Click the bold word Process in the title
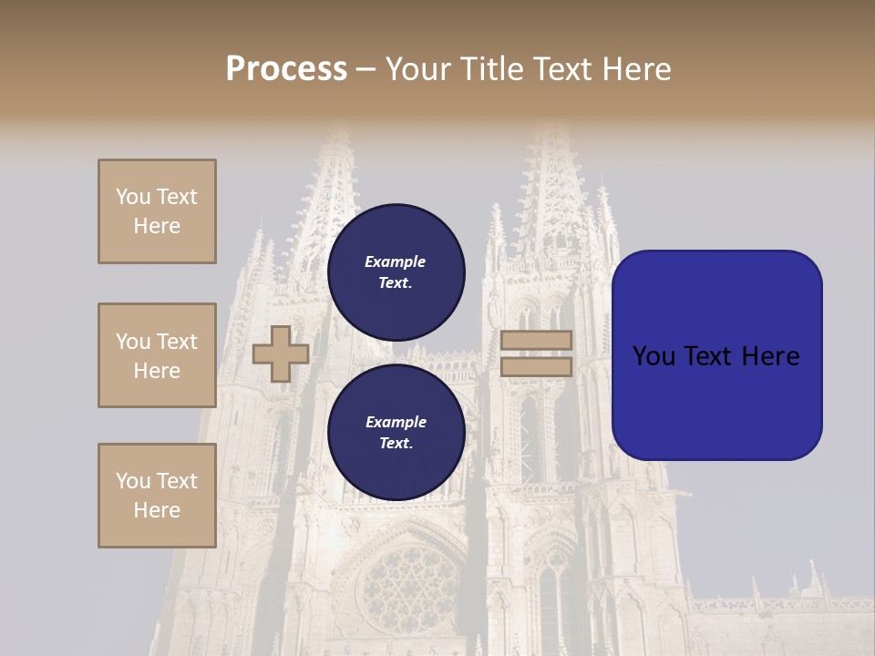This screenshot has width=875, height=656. tap(286, 69)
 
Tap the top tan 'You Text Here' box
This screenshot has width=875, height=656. tap(157, 211)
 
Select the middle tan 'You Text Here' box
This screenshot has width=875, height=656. tap(157, 355)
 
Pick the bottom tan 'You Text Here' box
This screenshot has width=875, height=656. tap(157, 496)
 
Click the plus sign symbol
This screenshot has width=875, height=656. tap(281, 354)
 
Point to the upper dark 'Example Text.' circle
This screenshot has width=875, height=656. tap(396, 272)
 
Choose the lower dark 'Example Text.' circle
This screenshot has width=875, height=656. tap(396, 432)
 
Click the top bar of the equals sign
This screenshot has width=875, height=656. tap(536, 340)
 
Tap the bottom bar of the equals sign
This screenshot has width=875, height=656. tap(536, 367)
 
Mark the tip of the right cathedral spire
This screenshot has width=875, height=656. tap(548, 128)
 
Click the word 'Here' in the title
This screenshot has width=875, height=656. tap(636, 69)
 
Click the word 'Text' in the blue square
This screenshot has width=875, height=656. tap(715, 356)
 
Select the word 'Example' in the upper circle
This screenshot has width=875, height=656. tap(395, 261)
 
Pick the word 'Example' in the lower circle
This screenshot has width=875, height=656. tap(396, 422)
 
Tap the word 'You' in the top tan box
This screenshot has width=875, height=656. tap(132, 197)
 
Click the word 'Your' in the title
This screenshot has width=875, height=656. tap(418, 69)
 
